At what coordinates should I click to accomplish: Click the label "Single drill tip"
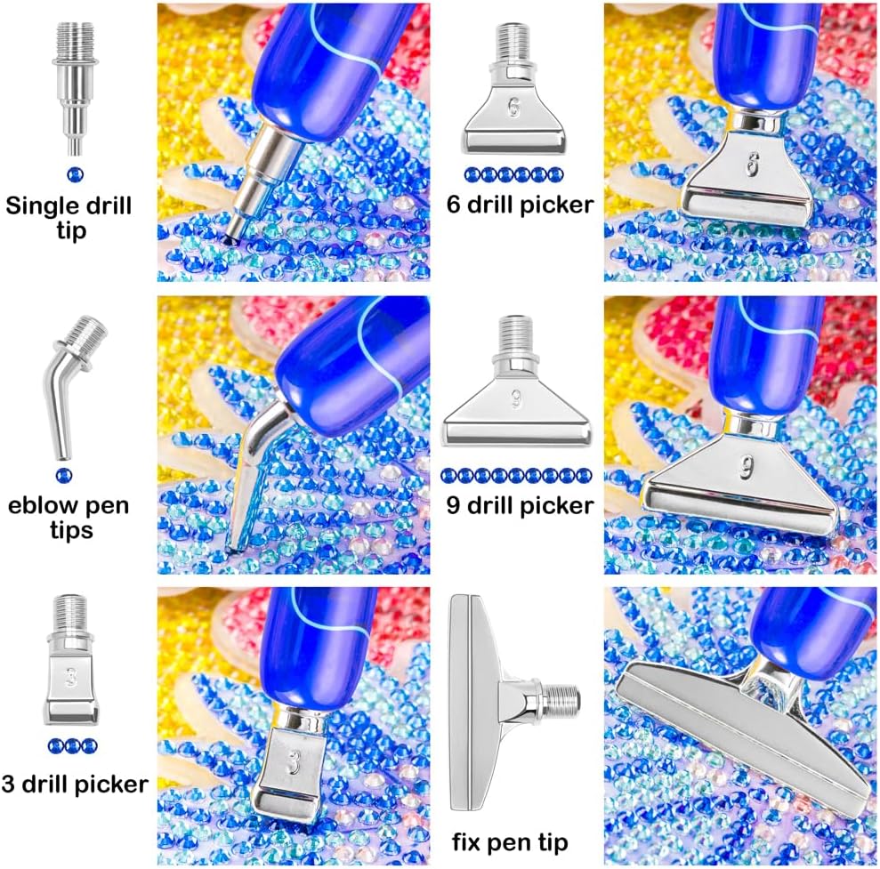click(69, 218)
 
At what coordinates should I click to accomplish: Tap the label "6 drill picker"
click(520, 205)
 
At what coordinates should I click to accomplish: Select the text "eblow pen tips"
click(69, 518)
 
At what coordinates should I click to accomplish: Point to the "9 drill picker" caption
click(520, 505)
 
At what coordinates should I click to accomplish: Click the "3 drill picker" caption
click(75, 784)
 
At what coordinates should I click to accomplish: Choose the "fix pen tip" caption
click(510, 842)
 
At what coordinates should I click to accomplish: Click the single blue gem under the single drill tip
click(76, 174)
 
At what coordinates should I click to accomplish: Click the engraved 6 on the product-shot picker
click(513, 107)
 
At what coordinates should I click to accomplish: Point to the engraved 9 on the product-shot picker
click(516, 399)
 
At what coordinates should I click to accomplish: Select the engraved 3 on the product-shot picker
click(71, 678)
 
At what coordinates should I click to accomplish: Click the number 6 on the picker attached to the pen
click(752, 165)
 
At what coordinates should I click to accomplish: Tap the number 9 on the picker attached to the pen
click(747, 467)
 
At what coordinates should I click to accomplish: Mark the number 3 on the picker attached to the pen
click(292, 762)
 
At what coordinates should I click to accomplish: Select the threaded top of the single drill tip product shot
click(76, 39)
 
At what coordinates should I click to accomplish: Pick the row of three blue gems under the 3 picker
click(72, 745)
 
